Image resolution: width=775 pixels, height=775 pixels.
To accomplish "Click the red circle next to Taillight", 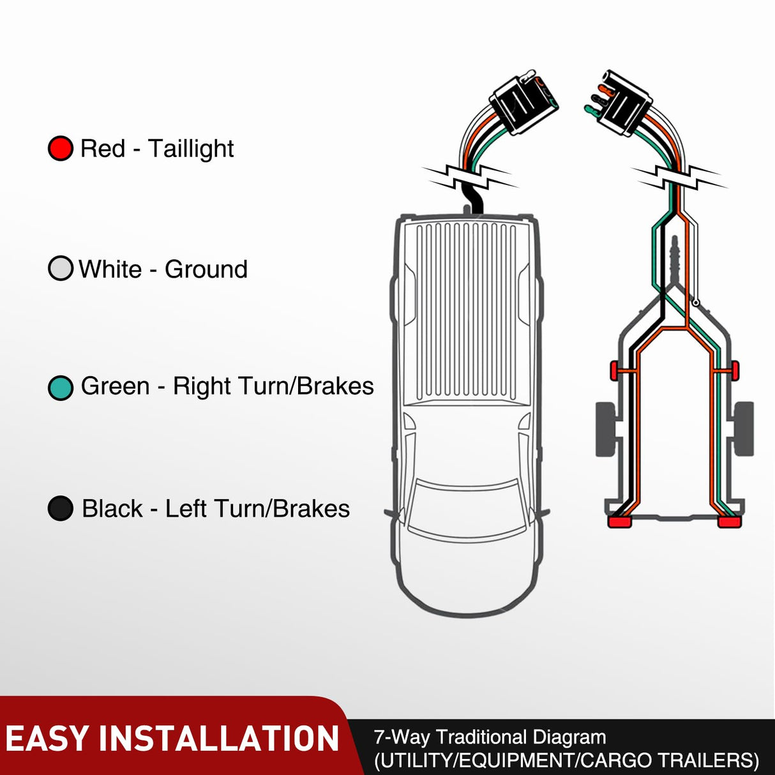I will point(61,149).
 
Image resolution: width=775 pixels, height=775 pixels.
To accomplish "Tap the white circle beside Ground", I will point(61,269).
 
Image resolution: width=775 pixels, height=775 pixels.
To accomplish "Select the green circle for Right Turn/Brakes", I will point(61,387).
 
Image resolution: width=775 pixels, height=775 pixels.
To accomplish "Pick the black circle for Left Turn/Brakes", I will point(61,509).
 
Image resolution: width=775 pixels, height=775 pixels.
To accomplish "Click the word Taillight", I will point(191,149).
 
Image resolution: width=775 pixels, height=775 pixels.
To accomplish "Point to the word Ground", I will point(206,269).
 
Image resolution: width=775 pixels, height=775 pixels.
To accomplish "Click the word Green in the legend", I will point(115,386).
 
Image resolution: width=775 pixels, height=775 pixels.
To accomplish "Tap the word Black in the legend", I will point(112,509).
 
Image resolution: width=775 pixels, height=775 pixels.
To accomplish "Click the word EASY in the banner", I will point(47,739).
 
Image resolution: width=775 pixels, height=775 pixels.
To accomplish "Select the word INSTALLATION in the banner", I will point(218,739).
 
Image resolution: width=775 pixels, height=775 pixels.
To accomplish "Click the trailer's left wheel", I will point(605,428).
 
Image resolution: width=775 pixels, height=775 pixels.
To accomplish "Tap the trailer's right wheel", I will point(744,428).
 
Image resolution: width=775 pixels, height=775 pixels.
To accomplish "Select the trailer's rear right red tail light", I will point(730,522).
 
